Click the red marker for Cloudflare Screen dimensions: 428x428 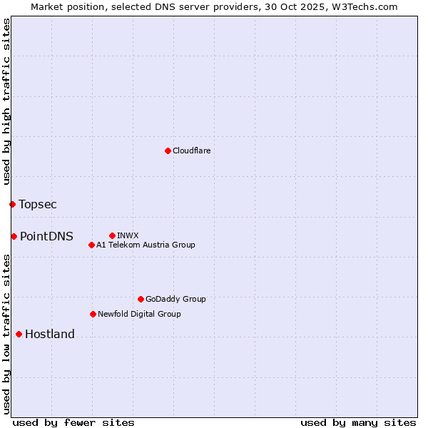pyautogui.click(x=168, y=151)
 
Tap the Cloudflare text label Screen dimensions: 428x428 pyautogui.click(x=192, y=151)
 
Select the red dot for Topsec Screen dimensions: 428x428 pyautogui.click(x=12, y=205)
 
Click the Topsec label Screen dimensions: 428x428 pyautogui.click(x=38, y=205)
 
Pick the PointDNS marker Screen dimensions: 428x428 pyautogui.click(x=14, y=236)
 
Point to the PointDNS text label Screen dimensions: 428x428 pyautogui.click(x=46, y=236)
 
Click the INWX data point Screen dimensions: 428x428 pyautogui.click(x=112, y=235)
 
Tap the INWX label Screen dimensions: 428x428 pyautogui.click(x=128, y=235)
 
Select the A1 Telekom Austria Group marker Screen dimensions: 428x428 pyautogui.click(x=91, y=245)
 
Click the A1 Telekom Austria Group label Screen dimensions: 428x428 pyautogui.click(x=146, y=245)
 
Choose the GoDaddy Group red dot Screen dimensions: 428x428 pyautogui.click(x=141, y=299)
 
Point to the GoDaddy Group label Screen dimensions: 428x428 pyautogui.click(x=175, y=299)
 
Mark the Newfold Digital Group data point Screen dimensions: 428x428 pyautogui.click(x=93, y=314)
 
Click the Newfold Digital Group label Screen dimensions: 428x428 pyautogui.click(x=139, y=314)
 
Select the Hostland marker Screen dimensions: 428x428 pyautogui.click(x=19, y=334)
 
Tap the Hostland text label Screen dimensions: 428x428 pyautogui.click(x=50, y=334)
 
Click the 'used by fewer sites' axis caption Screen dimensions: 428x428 pyautogui.click(x=73, y=422)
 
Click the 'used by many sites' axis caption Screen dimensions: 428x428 pyautogui.click(x=358, y=422)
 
